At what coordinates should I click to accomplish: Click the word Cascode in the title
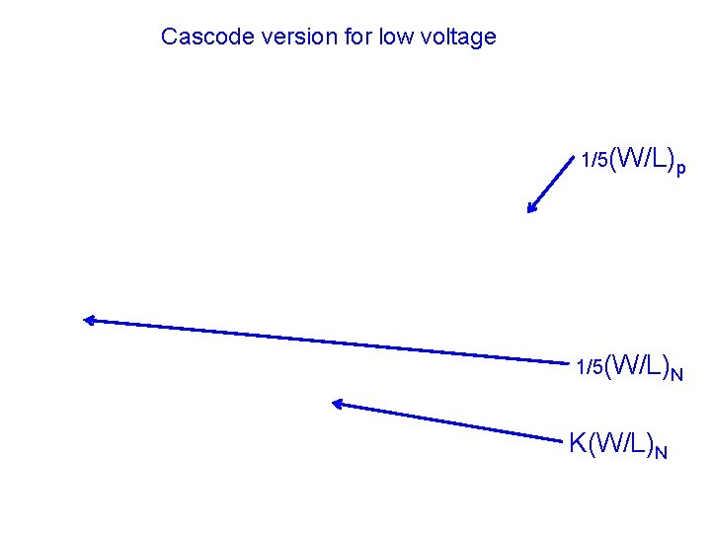[x=200, y=38]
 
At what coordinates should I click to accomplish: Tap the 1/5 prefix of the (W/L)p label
[x=594, y=160]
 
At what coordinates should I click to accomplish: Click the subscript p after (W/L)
[x=681, y=169]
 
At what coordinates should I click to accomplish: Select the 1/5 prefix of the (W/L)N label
[x=590, y=367]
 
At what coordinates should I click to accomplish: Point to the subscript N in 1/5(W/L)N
[x=676, y=373]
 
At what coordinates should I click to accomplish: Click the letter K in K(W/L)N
[x=578, y=443]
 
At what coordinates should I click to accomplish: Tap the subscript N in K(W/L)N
[x=661, y=452]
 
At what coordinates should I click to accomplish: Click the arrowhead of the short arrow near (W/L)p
[x=532, y=207]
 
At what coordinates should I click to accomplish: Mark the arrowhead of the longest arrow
[x=88, y=319]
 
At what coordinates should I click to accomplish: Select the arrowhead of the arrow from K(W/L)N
[x=337, y=403]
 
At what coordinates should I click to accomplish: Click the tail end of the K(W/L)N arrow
[x=561, y=438]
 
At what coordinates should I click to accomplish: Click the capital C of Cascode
[x=169, y=38]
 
